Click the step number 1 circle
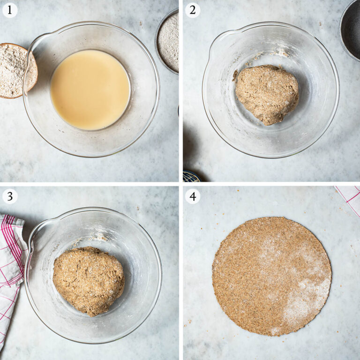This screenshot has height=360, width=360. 10,10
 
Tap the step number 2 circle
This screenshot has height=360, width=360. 192,10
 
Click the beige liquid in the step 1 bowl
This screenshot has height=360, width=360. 90,90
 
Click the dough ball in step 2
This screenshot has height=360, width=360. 266,94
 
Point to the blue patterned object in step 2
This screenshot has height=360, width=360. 192,177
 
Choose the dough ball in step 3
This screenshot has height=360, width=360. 88,280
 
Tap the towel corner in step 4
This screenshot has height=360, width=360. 350,197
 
